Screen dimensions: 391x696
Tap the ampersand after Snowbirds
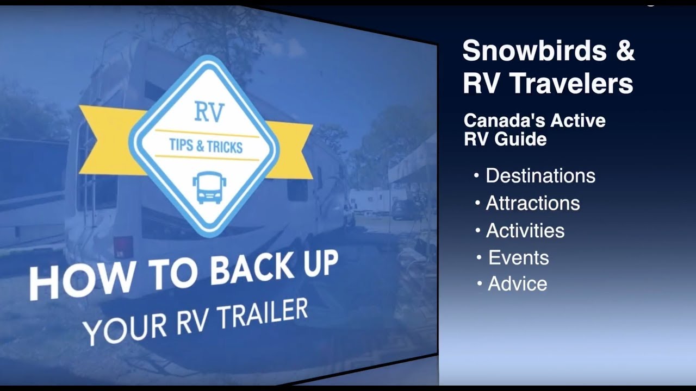pyautogui.click(x=625, y=52)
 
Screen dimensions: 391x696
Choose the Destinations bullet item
pyautogui.click(x=540, y=176)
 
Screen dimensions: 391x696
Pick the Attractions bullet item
pyautogui.click(x=532, y=203)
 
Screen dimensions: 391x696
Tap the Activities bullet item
pyautogui.click(x=525, y=231)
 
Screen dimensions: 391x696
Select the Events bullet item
pyautogui.click(x=518, y=257)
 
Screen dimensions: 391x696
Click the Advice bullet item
pyautogui.click(x=517, y=283)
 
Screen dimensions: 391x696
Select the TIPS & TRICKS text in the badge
pyautogui.click(x=207, y=146)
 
